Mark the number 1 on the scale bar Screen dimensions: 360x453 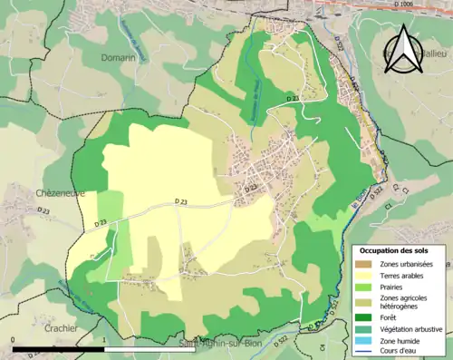106,340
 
